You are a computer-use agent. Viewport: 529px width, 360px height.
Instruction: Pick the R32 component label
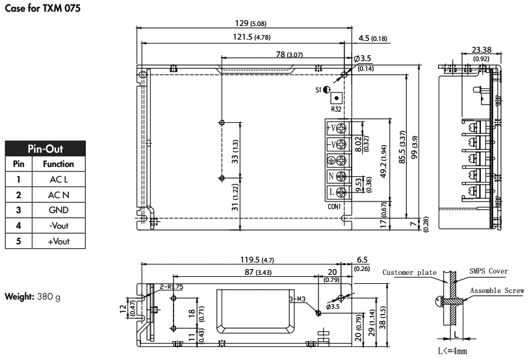[337, 109]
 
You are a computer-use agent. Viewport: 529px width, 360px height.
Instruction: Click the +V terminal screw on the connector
[339, 127]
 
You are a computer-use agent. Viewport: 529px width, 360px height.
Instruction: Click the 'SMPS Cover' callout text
[489, 271]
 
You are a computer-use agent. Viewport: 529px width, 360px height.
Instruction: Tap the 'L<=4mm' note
[454, 351]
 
